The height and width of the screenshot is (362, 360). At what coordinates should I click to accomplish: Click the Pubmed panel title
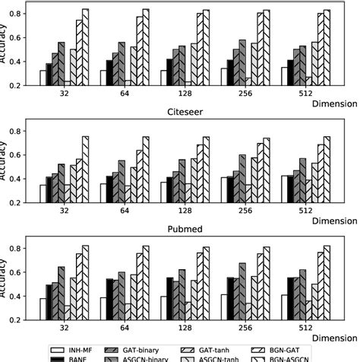[x=182, y=229]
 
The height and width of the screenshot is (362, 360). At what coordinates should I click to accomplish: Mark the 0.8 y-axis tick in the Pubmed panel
[x=28, y=249]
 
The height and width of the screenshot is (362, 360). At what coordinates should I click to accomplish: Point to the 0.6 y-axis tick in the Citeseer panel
[x=28, y=155]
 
